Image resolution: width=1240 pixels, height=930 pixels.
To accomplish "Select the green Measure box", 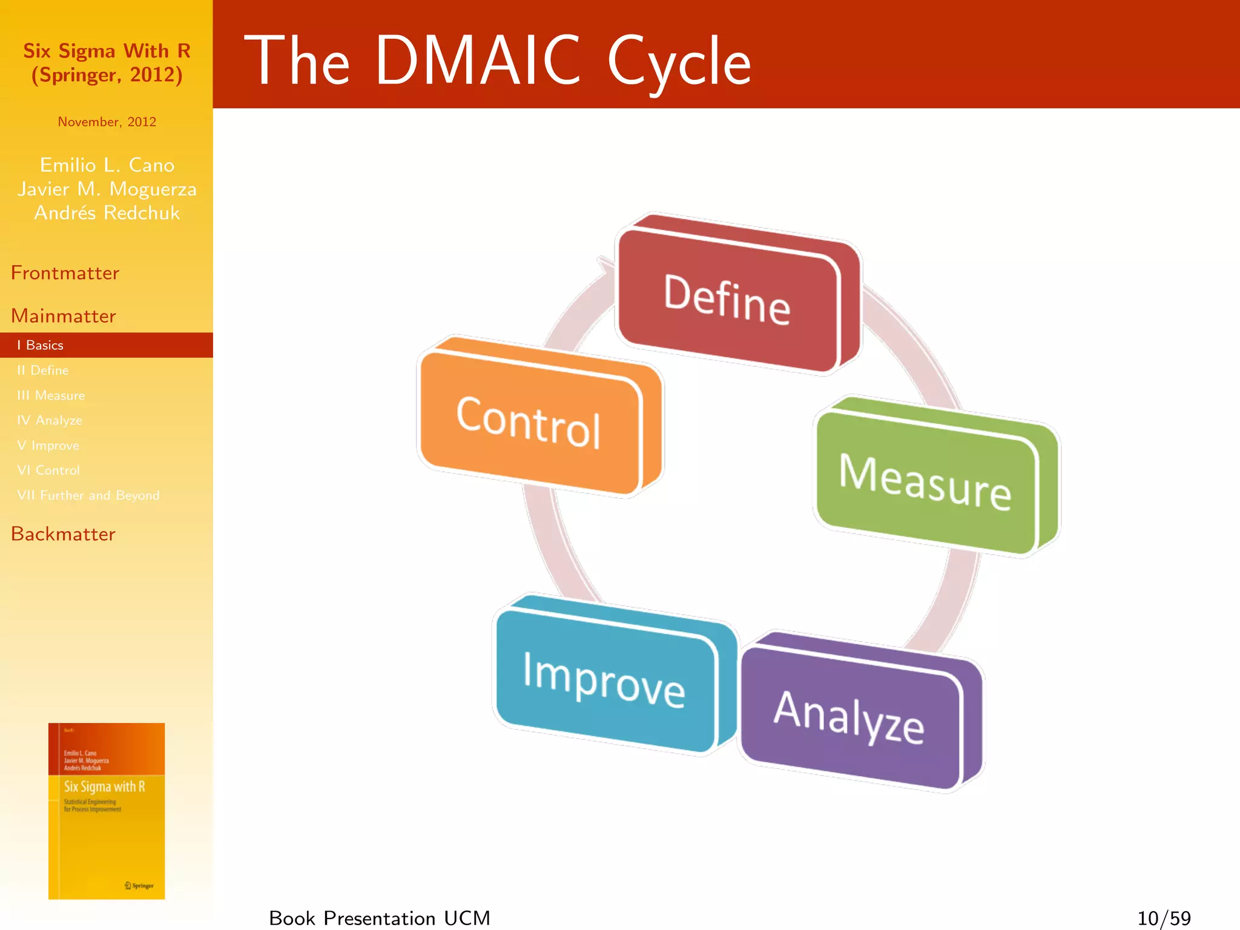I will click(x=926, y=481).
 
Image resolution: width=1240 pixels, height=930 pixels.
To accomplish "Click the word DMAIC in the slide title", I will click(x=478, y=61).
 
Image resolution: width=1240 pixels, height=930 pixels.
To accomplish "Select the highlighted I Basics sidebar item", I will click(x=41, y=345).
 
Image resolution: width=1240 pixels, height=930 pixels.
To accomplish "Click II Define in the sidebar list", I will click(x=43, y=370).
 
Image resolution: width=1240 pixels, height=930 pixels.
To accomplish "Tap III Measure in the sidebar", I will click(x=51, y=395).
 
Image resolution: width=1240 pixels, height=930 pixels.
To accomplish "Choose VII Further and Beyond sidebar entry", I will click(x=88, y=495).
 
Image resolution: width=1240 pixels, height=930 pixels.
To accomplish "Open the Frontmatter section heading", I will click(x=65, y=273).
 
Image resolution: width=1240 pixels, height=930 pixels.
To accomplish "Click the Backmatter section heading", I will click(x=63, y=534).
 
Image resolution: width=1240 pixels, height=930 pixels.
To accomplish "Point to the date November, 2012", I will click(x=107, y=122).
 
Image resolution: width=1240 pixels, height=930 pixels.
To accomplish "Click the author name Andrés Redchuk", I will click(x=107, y=213).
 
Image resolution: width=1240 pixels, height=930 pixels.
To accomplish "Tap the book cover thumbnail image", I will click(x=107, y=811).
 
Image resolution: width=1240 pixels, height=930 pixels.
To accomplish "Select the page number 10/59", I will click(x=1164, y=918).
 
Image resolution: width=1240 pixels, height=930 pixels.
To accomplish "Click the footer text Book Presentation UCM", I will click(x=380, y=918).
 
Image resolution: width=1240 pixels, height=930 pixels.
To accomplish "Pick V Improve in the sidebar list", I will click(x=48, y=446).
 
